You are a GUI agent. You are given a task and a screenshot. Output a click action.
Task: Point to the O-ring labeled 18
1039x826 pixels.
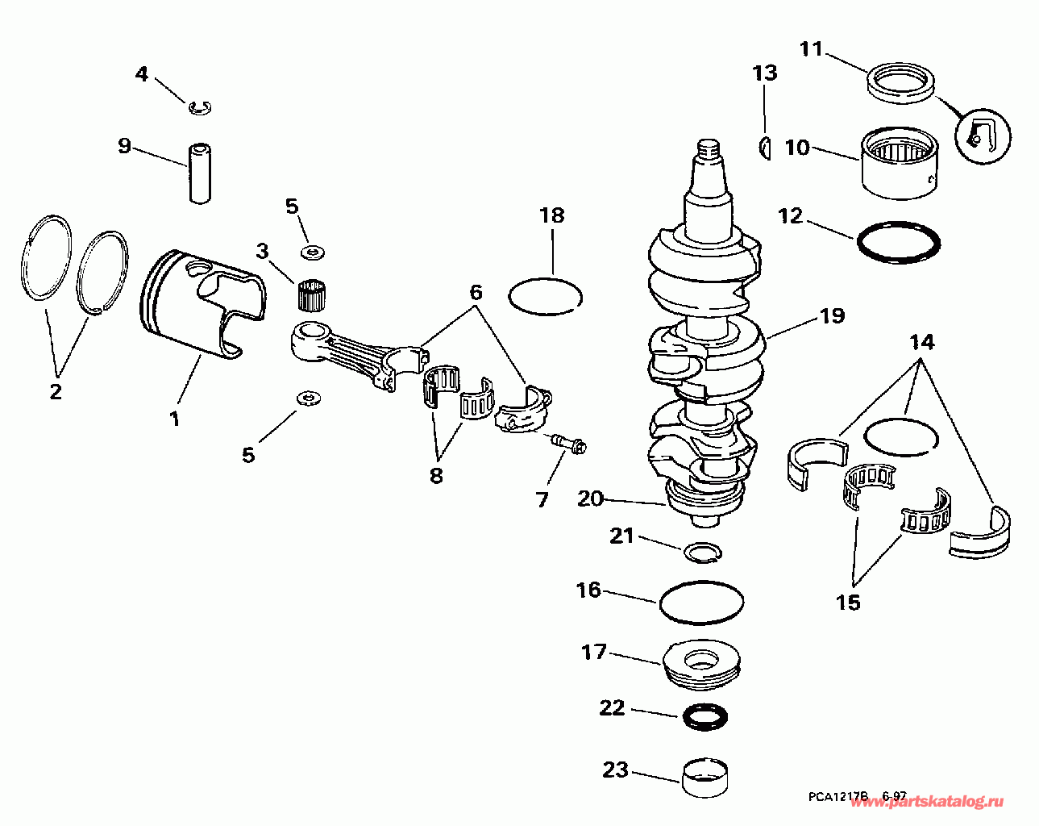pyautogui.click(x=546, y=295)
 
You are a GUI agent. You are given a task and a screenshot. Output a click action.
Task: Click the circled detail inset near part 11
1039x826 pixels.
pyautogui.click(x=982, y=134)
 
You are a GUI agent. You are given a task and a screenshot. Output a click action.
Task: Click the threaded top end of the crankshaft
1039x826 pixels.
pyautogui.click(x=707, y=148)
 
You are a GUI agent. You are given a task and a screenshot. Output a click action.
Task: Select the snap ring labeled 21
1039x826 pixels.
pyautogui.click(x=702, y=553)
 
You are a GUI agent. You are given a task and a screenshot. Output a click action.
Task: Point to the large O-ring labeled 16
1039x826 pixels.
pyautogui.click(x=701, y=602)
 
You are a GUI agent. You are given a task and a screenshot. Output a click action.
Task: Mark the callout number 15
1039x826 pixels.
pyautogui.click(x=848, y=602)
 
